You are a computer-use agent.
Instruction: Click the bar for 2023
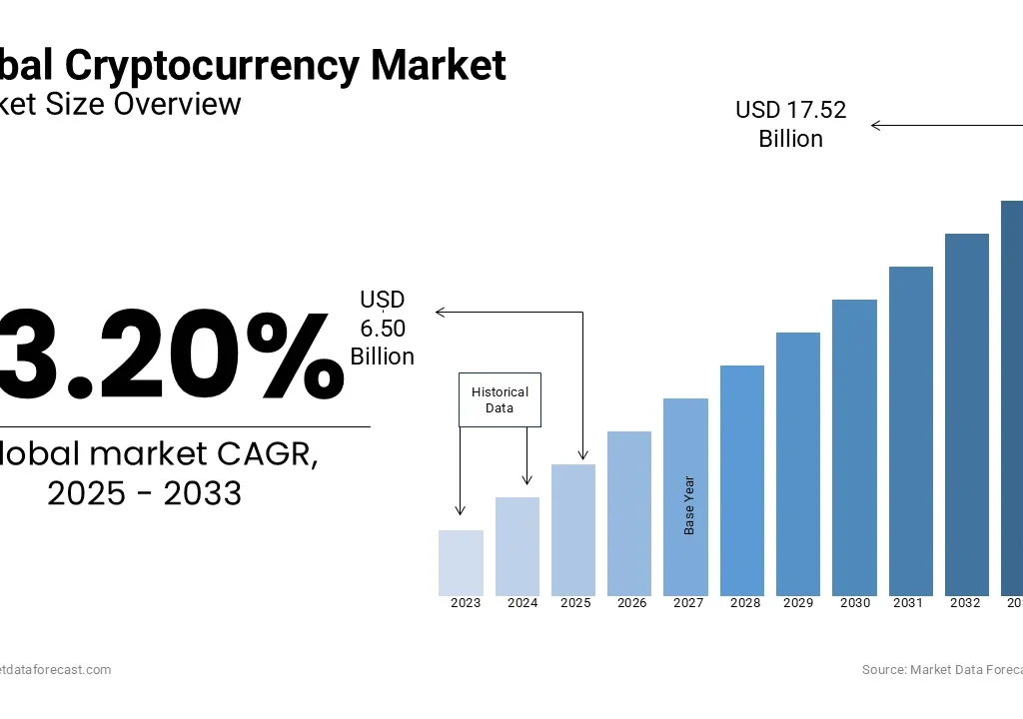(x=461, y=563)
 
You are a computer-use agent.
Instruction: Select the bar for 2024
(x=517, y=546)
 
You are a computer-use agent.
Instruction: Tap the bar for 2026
(x=629, y=513)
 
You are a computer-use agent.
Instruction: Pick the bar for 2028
(x=741, y=480)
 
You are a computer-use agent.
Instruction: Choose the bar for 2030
(x=854, y=447)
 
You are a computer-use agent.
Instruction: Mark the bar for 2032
(x=966, y=414)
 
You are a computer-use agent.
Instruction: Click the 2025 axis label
(x=575, y=603)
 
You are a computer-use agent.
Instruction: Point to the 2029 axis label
(x=798, y=603)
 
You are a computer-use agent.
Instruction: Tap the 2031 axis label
(x=908, y=603)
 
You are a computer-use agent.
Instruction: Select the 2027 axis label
(x=688, y=603)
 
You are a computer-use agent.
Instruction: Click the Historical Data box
(x=500, y=399)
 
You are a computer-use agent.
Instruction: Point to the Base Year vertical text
(x=689, y=505)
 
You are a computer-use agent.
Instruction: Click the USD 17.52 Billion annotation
(x=790, y=124)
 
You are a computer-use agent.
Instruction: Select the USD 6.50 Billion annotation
(x=382, y=328)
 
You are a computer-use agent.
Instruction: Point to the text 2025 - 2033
(x=145, y=493)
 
